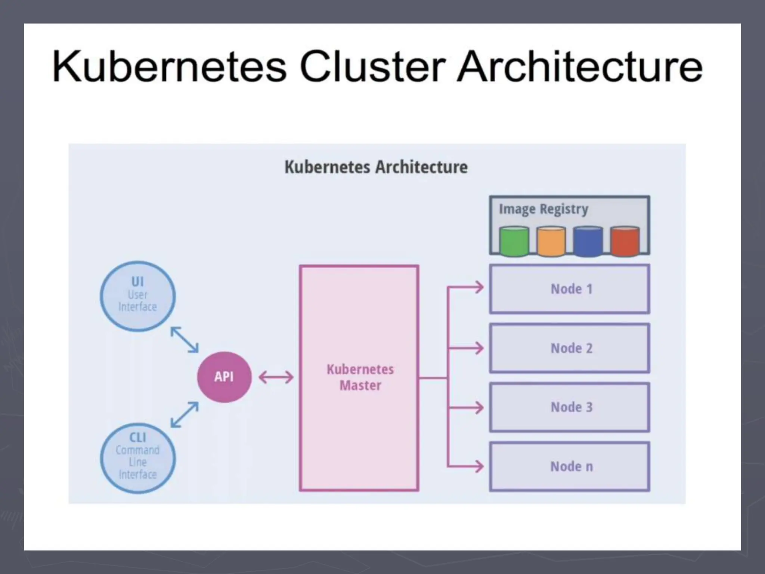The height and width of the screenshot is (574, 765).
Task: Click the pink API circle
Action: pyautogui.click(x=224, y=377)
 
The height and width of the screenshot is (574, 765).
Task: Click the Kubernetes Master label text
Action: pyautogui.click(x=360, y=377)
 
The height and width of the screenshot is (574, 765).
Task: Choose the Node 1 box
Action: pyautogui.click(x=570, y=289)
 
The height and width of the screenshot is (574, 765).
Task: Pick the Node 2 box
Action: pyautogui.click(x=570, y=348)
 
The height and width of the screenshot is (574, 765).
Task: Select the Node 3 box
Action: pyautogui.click(x=570, y=407)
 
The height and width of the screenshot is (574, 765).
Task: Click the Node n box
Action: pyautogui.click(x=570, y=466)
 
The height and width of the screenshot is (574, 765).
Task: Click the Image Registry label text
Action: pyautogui.click(x=543, y=209)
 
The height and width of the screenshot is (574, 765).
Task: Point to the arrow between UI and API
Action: pyautogui.click(x=185, y=339)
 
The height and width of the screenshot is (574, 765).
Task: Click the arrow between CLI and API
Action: pyautogui.click(x=185, y=414)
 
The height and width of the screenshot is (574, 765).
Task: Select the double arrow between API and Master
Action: pyautogui.click(x=276, y=377)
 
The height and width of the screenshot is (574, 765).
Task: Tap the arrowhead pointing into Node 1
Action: pyautogui.click(x=479, y=287)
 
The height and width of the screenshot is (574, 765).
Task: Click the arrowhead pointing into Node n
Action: pyautogui.click(x=479, y=466)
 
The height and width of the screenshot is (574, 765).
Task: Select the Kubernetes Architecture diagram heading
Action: pyautogui.click(x=376, y=167)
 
